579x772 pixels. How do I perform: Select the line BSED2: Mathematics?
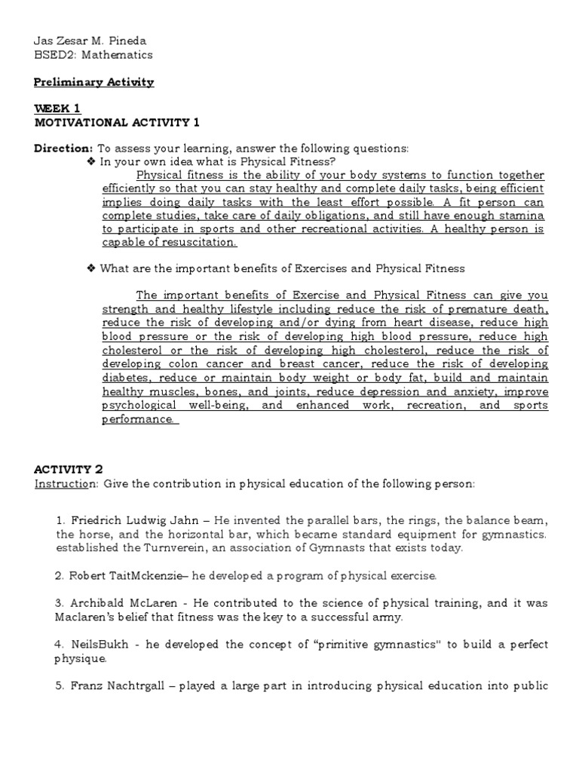tap(93, 54)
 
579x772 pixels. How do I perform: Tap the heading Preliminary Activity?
tap(93, 82)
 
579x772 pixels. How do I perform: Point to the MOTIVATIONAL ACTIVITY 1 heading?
tap(117, 122)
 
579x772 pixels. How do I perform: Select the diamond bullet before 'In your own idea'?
tap(92, 161)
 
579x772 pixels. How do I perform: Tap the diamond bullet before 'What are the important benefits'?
tap(92, 268)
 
